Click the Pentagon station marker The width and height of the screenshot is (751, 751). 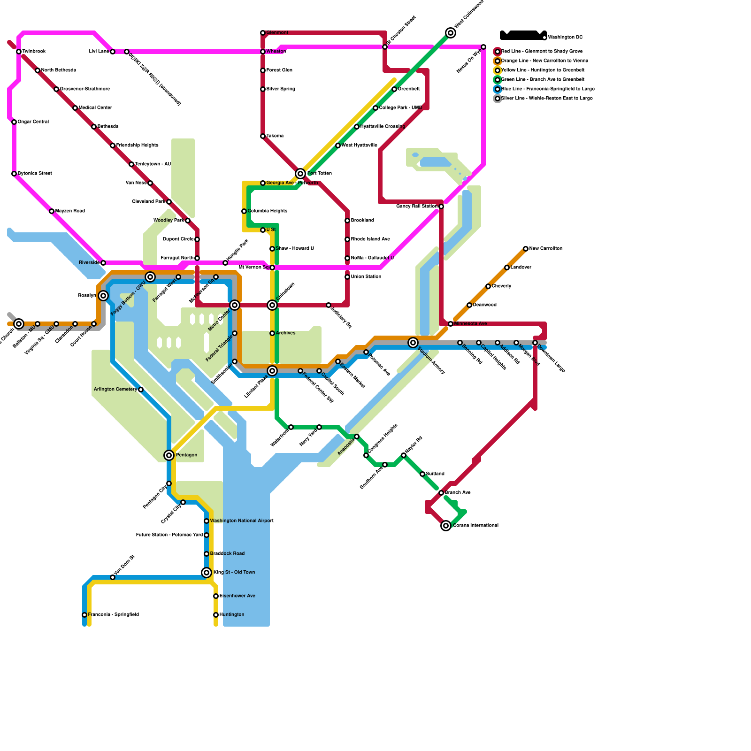(169, 455)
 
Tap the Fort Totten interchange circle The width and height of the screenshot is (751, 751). (300, 174)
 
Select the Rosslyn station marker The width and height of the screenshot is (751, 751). (103, 296)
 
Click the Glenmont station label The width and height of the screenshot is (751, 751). (277, 33)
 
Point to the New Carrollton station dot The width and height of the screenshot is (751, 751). (526, 249)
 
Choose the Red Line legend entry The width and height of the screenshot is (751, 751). (542, 52)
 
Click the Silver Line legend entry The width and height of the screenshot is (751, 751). (546, 99)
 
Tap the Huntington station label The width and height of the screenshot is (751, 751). (232, 615)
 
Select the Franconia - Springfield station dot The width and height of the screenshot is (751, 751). (84, 615)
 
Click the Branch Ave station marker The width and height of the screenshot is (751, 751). (441, 493)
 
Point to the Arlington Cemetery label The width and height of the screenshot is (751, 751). (115, 390)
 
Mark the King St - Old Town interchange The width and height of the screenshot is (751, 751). (207, 573)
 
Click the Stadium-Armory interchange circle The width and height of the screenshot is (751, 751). (413, 343)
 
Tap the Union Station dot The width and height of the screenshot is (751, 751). (347, 277)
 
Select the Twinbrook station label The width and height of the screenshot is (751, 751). (34, 52)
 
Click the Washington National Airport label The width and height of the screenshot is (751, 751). (242, 521)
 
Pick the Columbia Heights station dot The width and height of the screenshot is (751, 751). (244, 211)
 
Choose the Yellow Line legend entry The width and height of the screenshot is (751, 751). (543, 70)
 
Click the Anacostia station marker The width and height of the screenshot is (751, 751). (357, 437)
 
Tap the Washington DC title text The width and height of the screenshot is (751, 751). (565, 38)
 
